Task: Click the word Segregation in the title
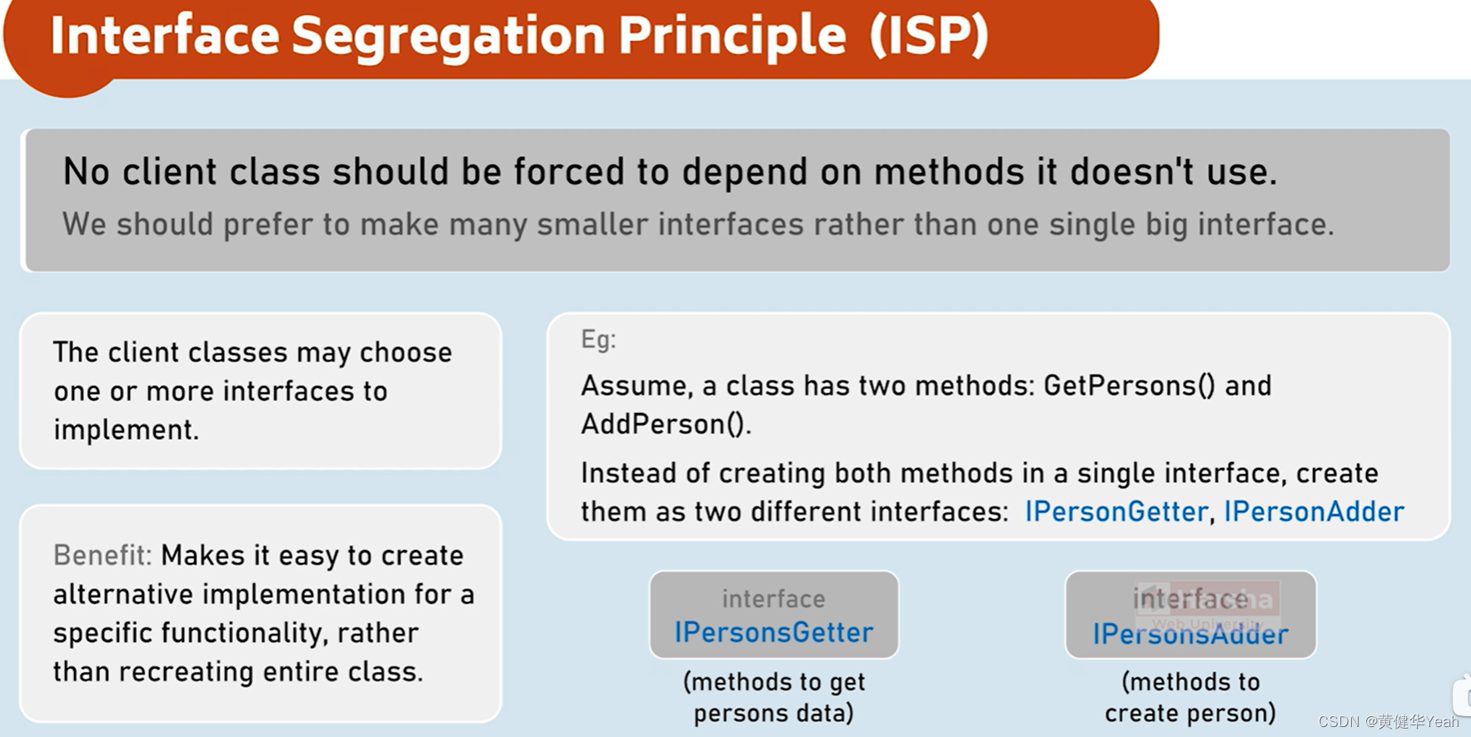coord(448,36)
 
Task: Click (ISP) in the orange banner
coord(929,36)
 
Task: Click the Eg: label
coord(598,340)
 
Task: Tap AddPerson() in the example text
coord(666,425)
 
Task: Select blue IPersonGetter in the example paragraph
coord(1115,511)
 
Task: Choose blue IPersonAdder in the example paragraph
coord(1314,511)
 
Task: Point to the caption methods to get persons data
coord(774,697)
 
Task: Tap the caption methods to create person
coord(1190,697)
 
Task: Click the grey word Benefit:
coord(102,555)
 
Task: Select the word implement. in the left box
coord(126,430)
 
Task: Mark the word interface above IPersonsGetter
coord(773,599)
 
